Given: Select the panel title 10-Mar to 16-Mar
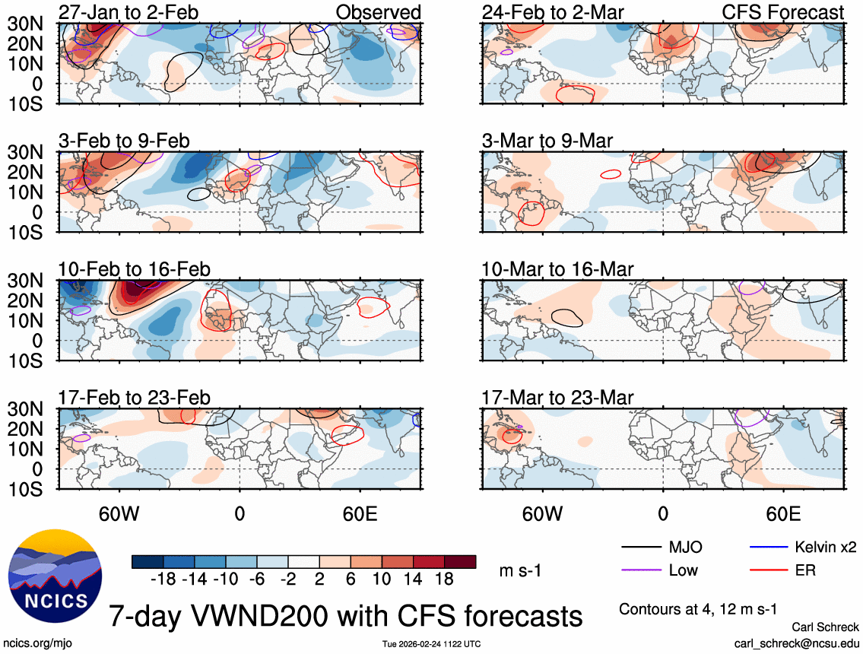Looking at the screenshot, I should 557,269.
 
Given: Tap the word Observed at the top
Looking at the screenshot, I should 379,12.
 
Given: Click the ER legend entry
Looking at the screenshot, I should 805,570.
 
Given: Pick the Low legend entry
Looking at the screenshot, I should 683,570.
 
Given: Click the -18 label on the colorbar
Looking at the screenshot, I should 163,579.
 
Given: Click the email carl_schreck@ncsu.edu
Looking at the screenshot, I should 796,643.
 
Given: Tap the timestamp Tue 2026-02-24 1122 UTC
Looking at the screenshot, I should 431,644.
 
